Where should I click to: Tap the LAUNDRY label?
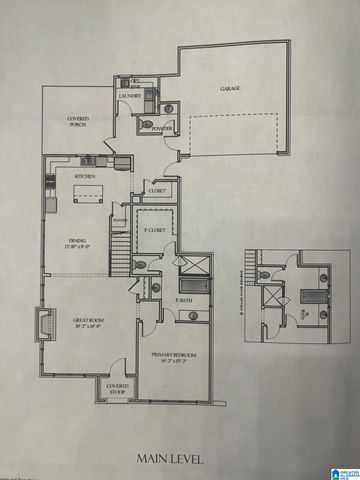tap(130, 96)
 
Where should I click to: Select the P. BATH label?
tap(183, 300)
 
